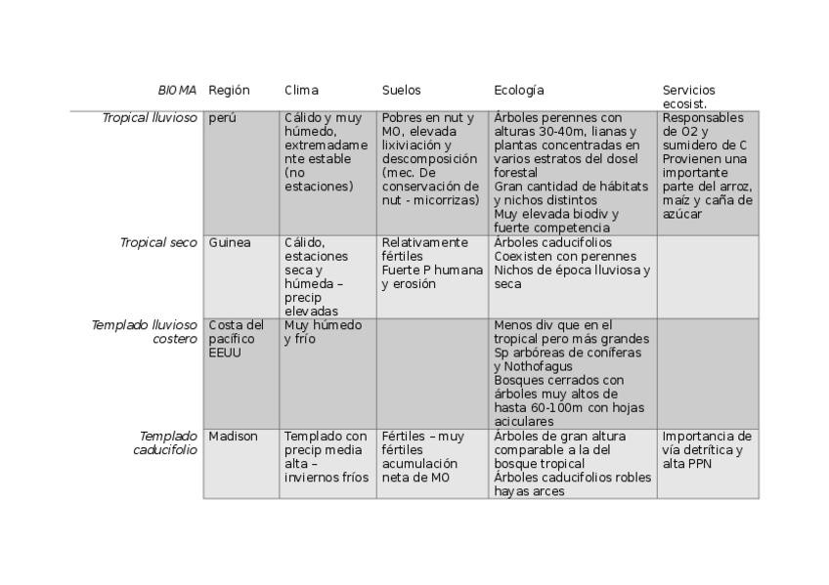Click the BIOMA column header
[177, 90]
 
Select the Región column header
[229, 90]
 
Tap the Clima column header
[301, 90]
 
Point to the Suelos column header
[401, 90]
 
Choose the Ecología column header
[518, 90]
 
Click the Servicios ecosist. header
[688, 97]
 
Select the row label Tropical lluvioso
[150, 118]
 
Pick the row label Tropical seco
[158, 242]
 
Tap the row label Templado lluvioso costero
[145, 331]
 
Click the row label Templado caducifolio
[165, 442]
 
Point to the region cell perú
[222, 118]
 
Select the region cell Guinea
[230, 242]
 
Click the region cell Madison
[233, 437]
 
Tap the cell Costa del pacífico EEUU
[236, 338]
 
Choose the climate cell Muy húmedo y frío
[323, 331]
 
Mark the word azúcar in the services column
[681, 214]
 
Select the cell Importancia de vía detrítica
[707, 442]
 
